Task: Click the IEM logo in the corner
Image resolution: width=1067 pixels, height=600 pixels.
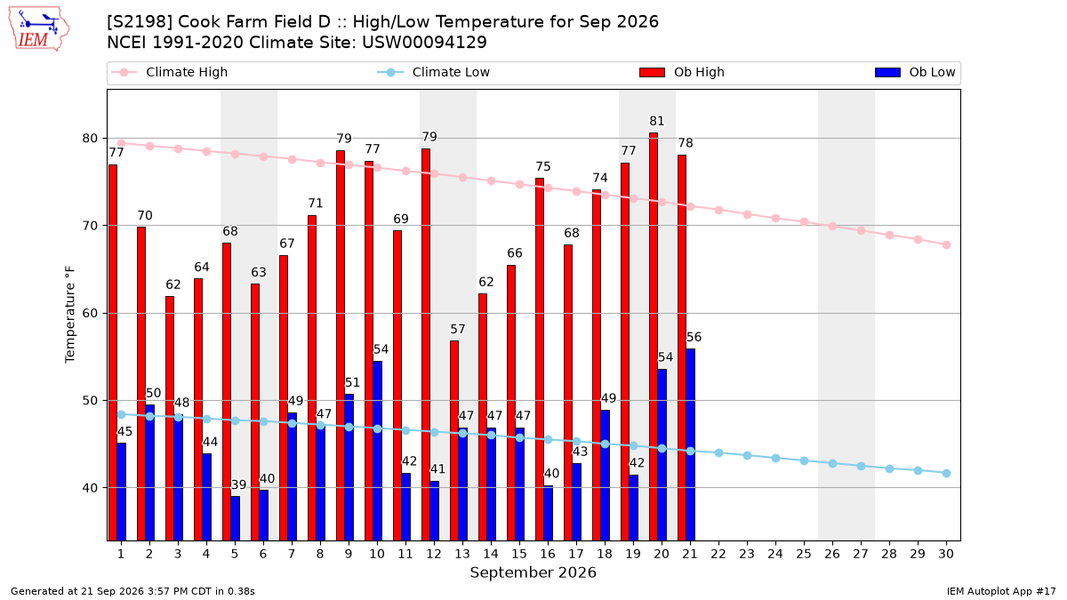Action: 39,29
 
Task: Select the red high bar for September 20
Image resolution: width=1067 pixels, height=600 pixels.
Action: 654,337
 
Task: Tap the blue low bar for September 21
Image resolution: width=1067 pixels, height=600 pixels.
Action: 690,444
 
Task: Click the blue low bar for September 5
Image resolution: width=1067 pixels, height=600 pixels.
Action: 236,518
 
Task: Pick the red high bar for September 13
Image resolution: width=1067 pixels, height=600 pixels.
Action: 454,441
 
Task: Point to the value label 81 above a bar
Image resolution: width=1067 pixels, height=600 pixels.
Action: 656,121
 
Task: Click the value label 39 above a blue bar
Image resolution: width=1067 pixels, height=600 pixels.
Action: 238,484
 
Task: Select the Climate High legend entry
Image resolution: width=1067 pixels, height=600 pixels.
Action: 170,72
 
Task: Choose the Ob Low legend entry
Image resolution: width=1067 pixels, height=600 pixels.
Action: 915,72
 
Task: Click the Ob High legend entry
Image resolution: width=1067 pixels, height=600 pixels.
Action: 682,72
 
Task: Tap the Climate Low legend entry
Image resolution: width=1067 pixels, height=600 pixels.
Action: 434,72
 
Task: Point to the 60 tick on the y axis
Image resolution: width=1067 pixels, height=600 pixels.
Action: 90,313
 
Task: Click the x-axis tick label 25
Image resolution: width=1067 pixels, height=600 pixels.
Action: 804,554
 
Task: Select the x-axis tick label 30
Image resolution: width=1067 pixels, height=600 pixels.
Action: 946,554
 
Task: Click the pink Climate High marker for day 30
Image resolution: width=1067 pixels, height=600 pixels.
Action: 946,244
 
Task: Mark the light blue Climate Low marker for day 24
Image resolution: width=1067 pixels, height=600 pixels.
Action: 775,458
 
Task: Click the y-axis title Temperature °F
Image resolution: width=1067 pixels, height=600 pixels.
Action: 70,315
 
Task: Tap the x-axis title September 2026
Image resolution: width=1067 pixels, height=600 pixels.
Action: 533,572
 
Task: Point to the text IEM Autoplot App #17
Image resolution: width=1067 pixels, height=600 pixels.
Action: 1001,591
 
